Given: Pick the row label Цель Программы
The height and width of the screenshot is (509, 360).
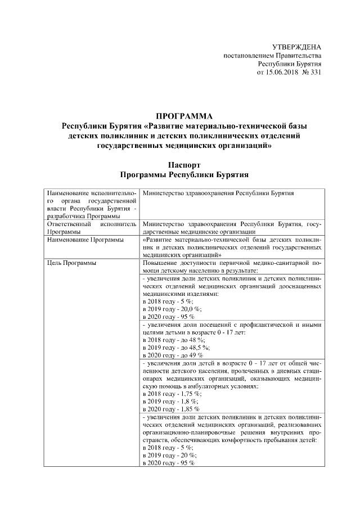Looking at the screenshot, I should pos(71,263).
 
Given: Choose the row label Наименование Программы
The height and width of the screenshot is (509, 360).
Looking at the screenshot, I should pos(85,239).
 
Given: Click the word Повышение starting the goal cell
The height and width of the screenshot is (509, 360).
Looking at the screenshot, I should pos(160,263).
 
